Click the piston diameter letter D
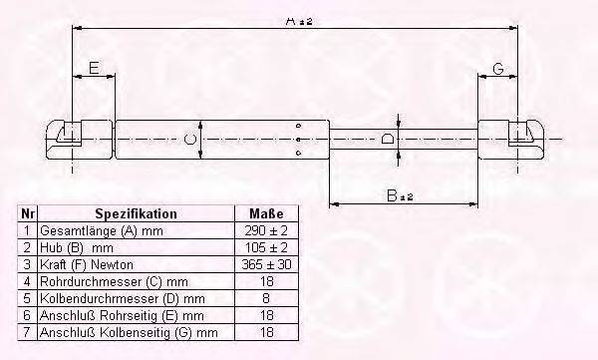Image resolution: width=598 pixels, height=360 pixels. click(x=388, y=138)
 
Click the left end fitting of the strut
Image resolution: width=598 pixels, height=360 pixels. click(x=65, y=137)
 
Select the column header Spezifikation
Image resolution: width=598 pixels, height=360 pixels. click(x=136, y=213)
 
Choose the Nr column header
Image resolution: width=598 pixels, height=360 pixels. click(x=28, y=213)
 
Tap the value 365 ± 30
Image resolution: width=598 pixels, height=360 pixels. click(x=265, y=263)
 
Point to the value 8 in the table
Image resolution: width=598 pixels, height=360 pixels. click(x=265, y=297)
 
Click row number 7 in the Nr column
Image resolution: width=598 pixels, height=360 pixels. click(x=28, y=331)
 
